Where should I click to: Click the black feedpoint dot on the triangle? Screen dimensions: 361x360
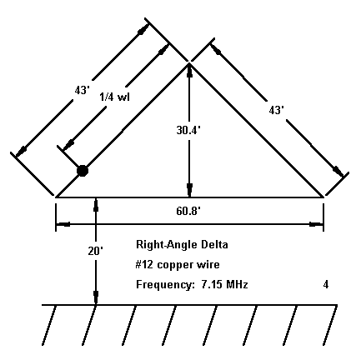83,171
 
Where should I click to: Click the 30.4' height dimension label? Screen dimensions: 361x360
188,130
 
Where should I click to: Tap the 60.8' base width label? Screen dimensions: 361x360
188,211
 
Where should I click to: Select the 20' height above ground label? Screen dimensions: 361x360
96,251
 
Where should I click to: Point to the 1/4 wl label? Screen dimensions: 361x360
114,97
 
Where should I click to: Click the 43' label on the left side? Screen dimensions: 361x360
83,90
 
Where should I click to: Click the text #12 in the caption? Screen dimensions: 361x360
144,265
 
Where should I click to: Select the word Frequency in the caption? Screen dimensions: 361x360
165,285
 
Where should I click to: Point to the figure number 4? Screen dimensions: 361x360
326,285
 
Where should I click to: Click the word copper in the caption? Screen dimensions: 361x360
175,265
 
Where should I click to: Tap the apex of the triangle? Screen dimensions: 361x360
189,63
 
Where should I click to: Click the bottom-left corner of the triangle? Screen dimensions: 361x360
56,197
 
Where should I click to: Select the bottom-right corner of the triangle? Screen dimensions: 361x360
323,197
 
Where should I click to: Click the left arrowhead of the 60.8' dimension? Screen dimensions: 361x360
63,224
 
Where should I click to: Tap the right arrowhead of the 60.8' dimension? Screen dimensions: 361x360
317,224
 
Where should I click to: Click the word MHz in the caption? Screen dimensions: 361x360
237,285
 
